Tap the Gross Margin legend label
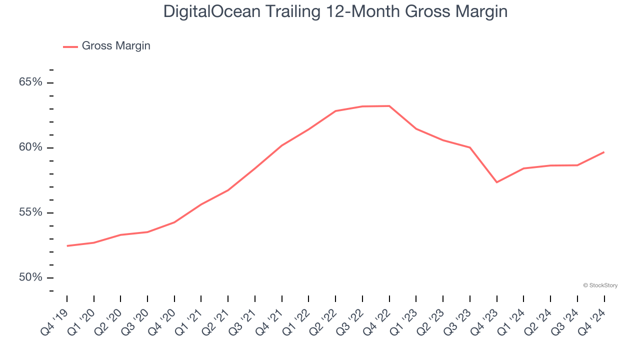click(115, 46)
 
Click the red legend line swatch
click(70, 46)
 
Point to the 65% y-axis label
click(30, 82)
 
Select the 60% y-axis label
click(30, 147)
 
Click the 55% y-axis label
click(30, 212)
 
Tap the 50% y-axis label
click(30, 277)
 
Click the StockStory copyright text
click(600, 285)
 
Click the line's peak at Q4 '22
click(389, 106)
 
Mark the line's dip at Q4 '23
click(496, 182)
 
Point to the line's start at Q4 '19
click(67, 246)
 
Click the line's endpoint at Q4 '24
click(604, 152)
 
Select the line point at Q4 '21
click(282, 145)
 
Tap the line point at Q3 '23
click(470, 147)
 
